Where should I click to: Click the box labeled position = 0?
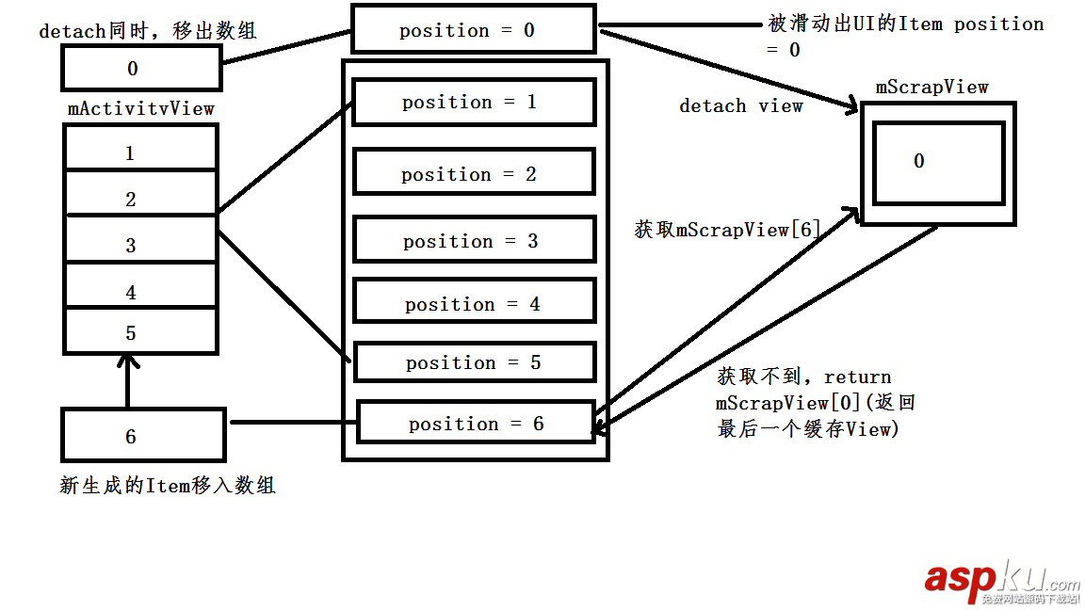[x=474, y=30]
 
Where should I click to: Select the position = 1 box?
[x=474, y=102]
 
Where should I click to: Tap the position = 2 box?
[x=474, y=173]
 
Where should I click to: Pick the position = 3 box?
[x=474, y=241]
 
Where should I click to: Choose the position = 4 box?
[x=474, y=303]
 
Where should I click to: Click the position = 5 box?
[x=474, y=362]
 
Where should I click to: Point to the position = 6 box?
[x=476, y=424]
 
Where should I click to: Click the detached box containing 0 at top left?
[x=141, y=68]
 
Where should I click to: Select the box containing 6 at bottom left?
[x=142, y=436]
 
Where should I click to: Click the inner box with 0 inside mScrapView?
[x=937, y=162]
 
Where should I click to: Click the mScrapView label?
[x=931, y=88]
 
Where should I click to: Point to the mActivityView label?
[x=141, y=108]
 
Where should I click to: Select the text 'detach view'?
[x=741, y=106]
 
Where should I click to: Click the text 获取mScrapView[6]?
[x=727, y=229]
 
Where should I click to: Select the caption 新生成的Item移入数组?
[x=168, y=486]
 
